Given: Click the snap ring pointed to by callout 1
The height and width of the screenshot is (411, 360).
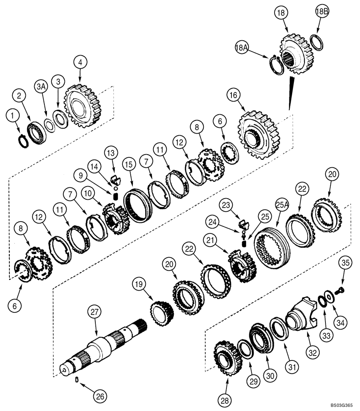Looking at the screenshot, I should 22,140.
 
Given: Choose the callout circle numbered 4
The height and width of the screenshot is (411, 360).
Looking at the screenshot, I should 81,62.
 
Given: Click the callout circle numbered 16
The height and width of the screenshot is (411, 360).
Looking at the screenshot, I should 233,96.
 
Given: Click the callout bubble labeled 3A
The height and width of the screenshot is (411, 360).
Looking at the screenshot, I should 41,87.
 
